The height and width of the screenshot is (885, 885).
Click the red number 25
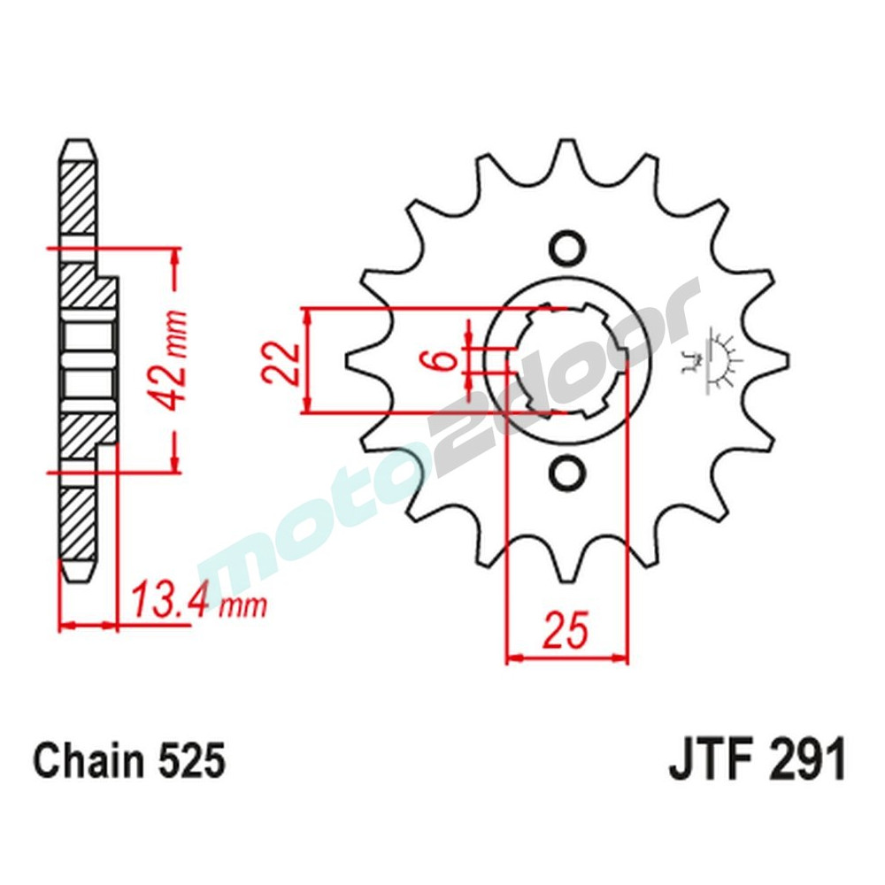point(565,632)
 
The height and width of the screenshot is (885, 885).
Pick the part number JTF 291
point(757,762)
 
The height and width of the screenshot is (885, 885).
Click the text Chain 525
point(129,762)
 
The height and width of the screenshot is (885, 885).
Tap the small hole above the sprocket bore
point(566,246)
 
